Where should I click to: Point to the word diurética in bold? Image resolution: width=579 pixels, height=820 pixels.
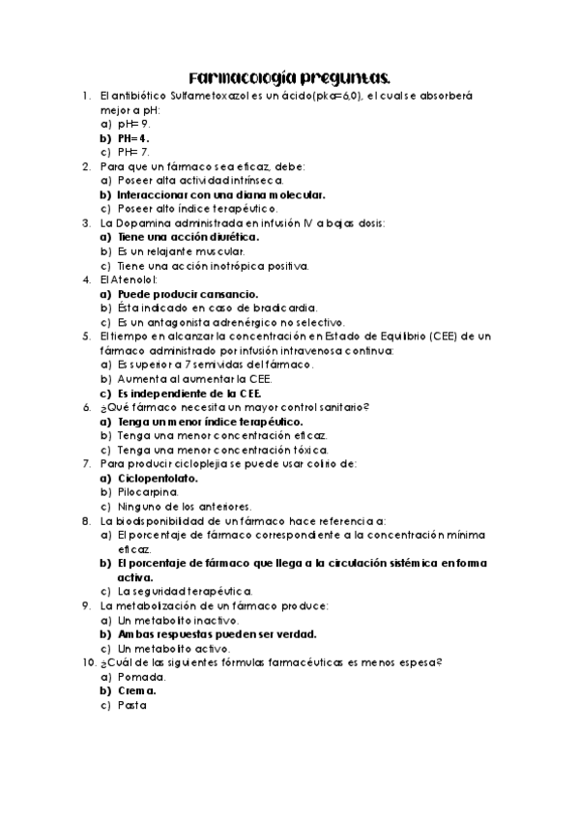tap(228, 236)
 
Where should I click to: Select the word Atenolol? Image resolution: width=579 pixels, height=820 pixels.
tap(133, 278)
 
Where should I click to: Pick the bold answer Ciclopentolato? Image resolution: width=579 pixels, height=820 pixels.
tap(158, 477)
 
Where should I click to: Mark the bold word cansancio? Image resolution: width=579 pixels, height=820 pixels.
tap(226, 292)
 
